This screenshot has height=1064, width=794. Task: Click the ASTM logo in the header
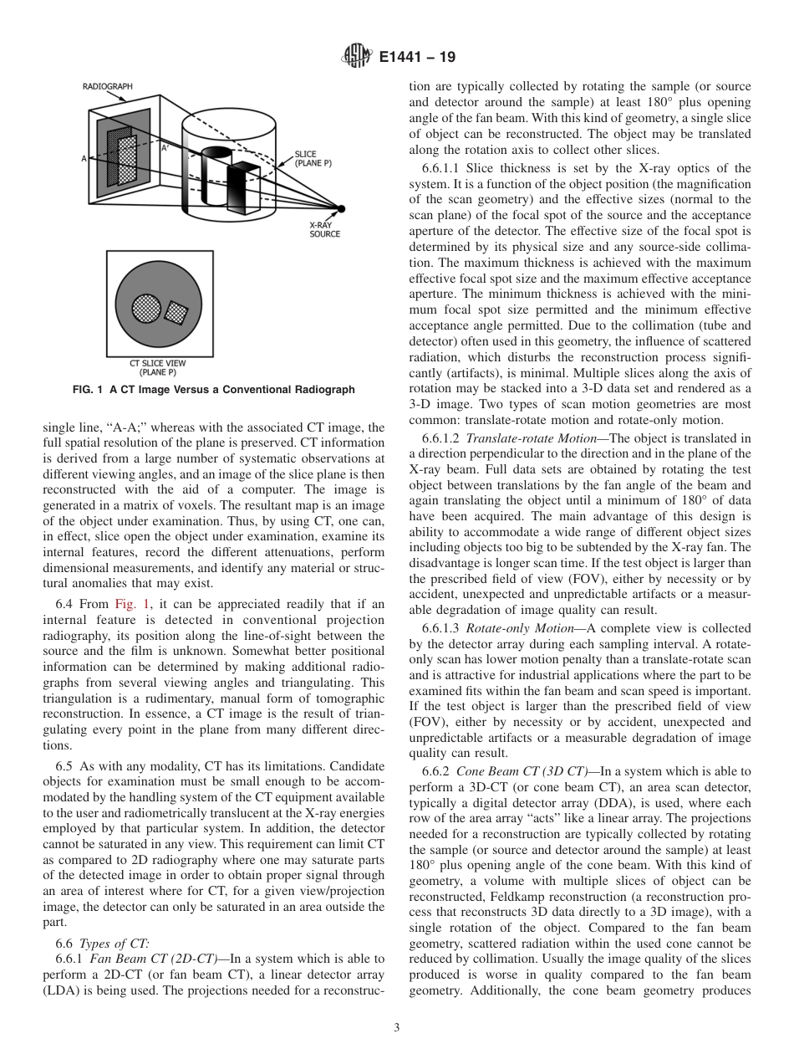pos(358,57)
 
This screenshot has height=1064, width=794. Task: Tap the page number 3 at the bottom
pos(396,1028)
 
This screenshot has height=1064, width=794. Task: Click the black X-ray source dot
pos(340,208)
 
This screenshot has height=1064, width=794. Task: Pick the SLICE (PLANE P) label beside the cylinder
pos(313,159)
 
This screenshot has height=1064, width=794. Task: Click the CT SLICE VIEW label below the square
pos(157,367)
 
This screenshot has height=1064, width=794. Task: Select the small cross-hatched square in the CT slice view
pos(176,312)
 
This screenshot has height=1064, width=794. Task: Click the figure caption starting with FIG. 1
pos(213,390)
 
